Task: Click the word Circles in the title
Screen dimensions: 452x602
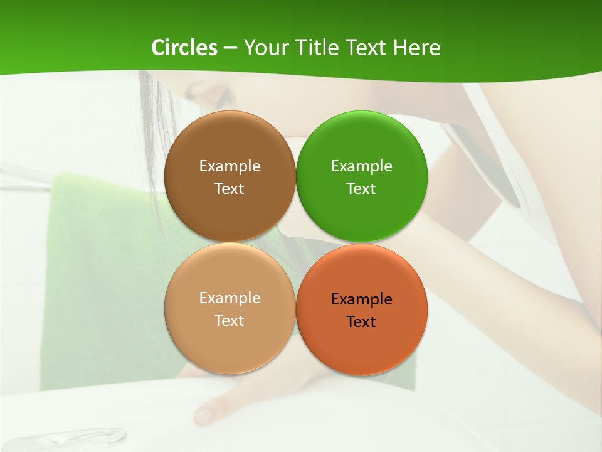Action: pos(184,48)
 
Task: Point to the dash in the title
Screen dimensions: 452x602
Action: pos(230,48)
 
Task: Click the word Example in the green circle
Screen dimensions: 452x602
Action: pos(362,166)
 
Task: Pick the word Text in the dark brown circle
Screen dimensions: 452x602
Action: pos(230,189)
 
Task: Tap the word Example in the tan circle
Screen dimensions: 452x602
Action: pos(230,298)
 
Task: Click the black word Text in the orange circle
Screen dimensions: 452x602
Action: pos(361,322)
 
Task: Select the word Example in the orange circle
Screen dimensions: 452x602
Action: pos(362,299)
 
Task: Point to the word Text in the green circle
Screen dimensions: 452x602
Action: pos(361,189)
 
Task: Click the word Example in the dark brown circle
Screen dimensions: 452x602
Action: pos(230,166)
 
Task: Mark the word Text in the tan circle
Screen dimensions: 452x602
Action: pos(230,321)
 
